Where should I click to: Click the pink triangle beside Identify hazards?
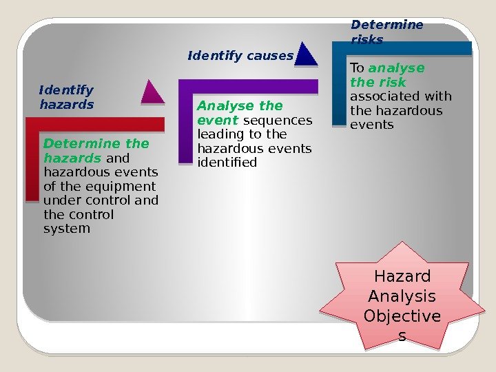point(153,94)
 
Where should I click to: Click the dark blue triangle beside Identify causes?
point(307,55)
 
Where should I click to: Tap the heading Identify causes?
point(240,56)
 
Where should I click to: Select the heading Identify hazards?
point(66,97)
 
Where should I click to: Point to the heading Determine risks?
point(386,32)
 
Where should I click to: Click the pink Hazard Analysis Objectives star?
point(402,298)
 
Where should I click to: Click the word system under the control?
point(67,229)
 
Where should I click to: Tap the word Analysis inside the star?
point(402,297)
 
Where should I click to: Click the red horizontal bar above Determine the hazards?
point(96,125)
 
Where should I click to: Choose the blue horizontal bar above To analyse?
point(403,48)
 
